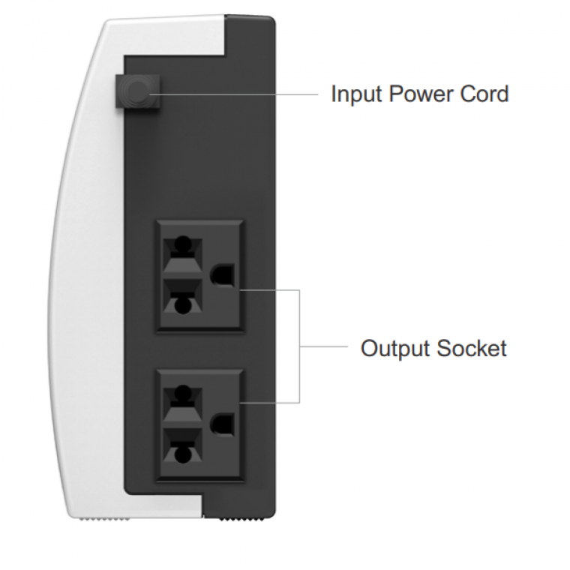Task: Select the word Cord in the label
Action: point(487,95)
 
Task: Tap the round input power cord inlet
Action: point(137,94)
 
